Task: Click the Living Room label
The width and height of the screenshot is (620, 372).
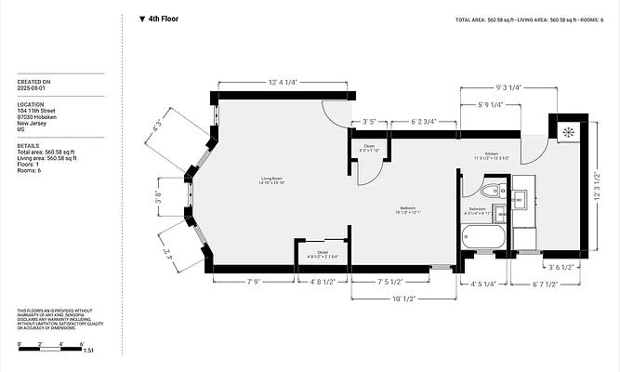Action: point(271,179)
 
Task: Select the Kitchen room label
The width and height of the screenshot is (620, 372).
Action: point(492,155)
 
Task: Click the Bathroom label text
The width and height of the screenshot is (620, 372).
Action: point(478,209)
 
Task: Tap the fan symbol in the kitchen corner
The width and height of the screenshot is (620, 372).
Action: point(566,131)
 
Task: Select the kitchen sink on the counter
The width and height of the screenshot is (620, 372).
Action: point(520,197)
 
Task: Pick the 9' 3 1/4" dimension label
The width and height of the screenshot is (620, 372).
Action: point(503,86)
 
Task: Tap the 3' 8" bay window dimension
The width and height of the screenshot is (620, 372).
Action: point(159,196)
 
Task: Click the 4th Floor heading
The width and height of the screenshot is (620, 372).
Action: point(164,19)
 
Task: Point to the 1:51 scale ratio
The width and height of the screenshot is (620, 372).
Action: point(88,351)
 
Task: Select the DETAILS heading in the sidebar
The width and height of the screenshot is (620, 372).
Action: point(28,146)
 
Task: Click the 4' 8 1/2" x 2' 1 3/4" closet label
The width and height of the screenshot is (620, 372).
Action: point(323,255)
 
